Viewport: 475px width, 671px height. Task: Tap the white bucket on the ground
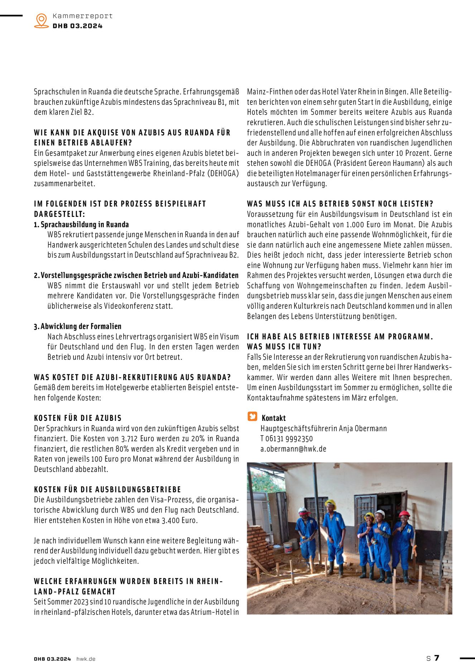tap(288, 548)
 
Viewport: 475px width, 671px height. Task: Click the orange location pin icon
tap(42, 20)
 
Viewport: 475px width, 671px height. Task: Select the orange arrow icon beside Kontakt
tap(253, 417)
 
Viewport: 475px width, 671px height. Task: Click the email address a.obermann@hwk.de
tap(293, 449)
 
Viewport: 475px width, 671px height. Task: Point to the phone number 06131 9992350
tap(289, 439)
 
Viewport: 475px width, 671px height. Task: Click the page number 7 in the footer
tap(437, 658)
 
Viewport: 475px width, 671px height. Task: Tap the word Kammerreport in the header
tap(82, 16)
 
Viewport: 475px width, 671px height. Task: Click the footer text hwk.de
tap(86, 659)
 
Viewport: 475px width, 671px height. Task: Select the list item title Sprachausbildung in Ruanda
tap(85, 224)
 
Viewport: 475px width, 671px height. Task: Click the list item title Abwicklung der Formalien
tap(81, 326)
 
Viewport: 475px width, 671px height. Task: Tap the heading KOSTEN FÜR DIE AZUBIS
tap(78, 418)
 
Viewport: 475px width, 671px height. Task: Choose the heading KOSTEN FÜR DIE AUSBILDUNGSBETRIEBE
tap(107, 489)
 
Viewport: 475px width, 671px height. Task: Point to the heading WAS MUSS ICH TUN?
tap(284, 346)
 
